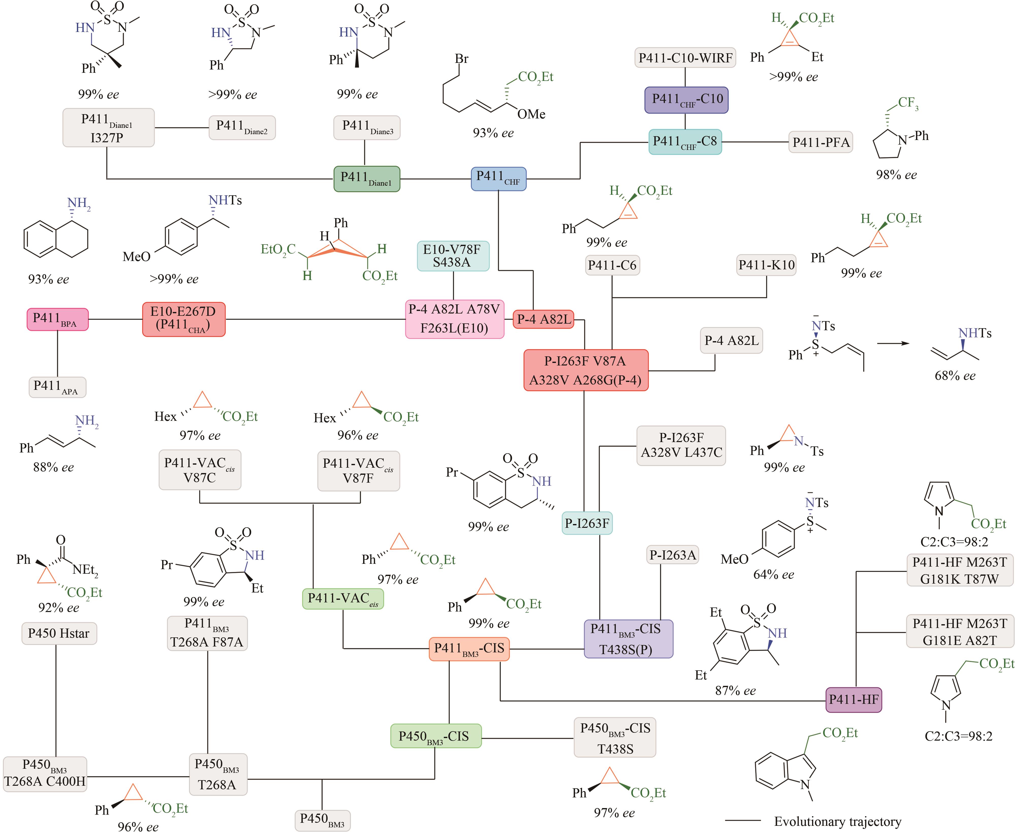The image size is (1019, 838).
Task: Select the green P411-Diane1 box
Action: (367, 179)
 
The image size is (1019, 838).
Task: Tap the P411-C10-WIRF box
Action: (685, 58)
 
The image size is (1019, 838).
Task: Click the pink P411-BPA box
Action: (57, 319)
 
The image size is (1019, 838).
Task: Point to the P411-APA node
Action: (57, 387)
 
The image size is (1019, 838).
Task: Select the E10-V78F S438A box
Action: (452, 256)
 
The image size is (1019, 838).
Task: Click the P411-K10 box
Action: (766, 265)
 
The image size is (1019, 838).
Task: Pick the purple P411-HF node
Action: (853, 700)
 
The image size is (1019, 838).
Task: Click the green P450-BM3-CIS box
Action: (436, 736)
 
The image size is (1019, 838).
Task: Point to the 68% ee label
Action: (955, 376)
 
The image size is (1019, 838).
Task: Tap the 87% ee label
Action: (735, 690)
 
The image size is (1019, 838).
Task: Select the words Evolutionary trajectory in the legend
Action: (837, 822)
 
